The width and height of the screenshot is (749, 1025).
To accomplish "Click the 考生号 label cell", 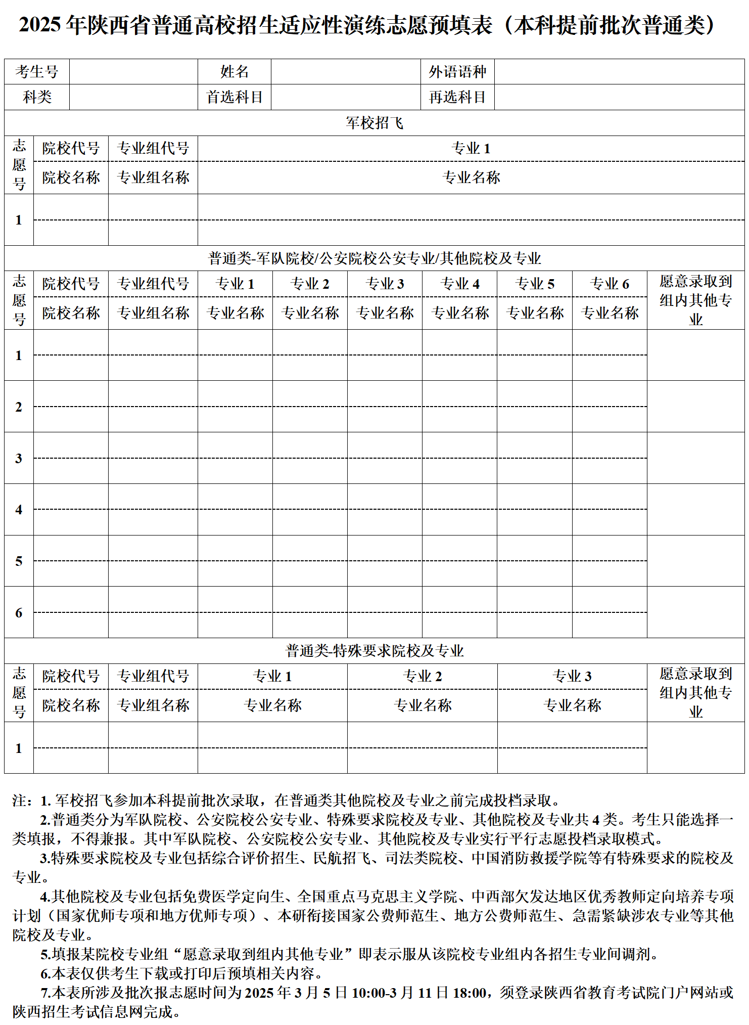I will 37,72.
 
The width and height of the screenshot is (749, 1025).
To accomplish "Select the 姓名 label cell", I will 235,72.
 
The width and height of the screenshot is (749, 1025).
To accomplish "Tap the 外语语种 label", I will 457,72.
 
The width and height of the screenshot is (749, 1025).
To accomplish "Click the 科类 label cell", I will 37,97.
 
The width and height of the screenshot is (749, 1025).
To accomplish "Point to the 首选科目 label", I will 235,97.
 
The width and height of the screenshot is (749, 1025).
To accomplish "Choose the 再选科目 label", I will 457,97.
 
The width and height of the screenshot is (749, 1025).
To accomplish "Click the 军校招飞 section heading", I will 374,123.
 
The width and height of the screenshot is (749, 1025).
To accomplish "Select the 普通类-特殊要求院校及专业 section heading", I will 374,651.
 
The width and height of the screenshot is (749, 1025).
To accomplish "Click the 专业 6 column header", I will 610,284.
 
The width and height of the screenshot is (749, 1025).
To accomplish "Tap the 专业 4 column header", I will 460,284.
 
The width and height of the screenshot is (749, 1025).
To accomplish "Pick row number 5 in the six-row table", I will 19,561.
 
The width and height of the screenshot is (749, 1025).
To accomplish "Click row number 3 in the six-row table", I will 19,458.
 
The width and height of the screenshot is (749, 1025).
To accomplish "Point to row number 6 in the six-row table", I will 19,613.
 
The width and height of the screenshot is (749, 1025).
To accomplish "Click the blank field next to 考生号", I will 133,72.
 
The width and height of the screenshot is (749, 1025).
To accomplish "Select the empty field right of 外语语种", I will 619,72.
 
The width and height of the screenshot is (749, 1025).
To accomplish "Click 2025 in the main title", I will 40,25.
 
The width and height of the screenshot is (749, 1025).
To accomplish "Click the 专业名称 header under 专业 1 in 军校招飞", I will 471,177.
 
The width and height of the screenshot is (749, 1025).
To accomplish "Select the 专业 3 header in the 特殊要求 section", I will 572,677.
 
